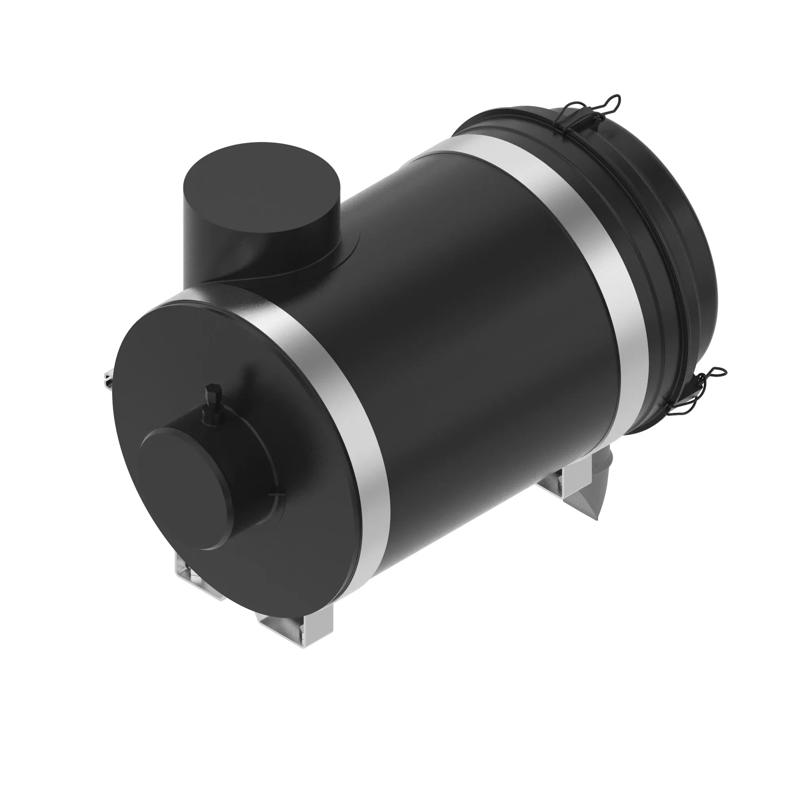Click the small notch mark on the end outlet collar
click(274, 496)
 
